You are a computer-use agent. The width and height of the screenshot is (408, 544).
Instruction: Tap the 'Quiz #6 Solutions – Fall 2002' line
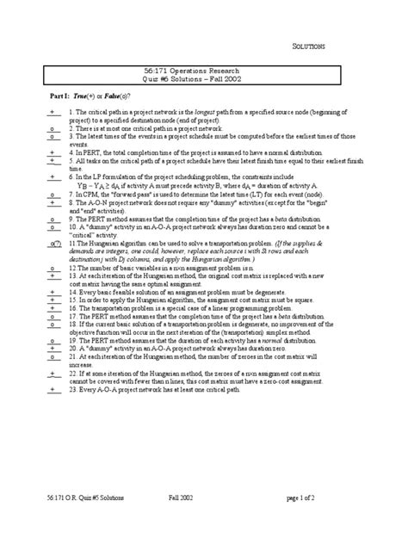[x=203, y=84]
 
